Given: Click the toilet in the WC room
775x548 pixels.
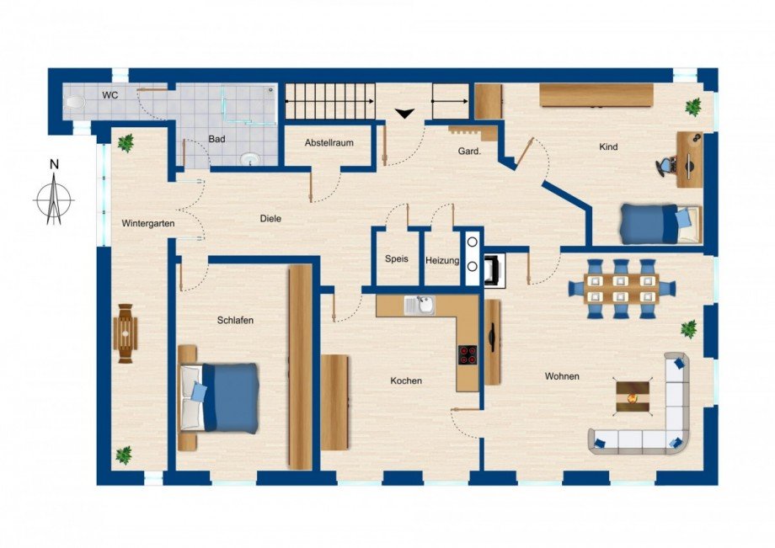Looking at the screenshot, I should pos(75,102).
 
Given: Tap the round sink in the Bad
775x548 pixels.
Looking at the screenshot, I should pos(249,158).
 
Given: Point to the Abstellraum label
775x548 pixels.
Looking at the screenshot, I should pos(329,143).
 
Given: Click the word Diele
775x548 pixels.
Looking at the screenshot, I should pos(270,219).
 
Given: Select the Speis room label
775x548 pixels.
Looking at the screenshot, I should pos(396,259).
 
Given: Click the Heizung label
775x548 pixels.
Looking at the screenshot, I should pos(442,260).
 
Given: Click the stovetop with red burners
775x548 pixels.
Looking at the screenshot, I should pos(468,354).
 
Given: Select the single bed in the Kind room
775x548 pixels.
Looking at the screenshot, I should pos(660,223).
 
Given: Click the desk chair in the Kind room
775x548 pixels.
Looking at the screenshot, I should pos(666,165).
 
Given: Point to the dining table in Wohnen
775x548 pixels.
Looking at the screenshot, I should pos(621,288).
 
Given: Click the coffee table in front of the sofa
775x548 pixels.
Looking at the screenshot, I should pos(633,395).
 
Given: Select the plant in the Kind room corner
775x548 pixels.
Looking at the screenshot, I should pos(693,107).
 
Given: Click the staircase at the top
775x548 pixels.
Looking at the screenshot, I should pos(330,102).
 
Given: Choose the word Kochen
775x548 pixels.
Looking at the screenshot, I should pos(406,380).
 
